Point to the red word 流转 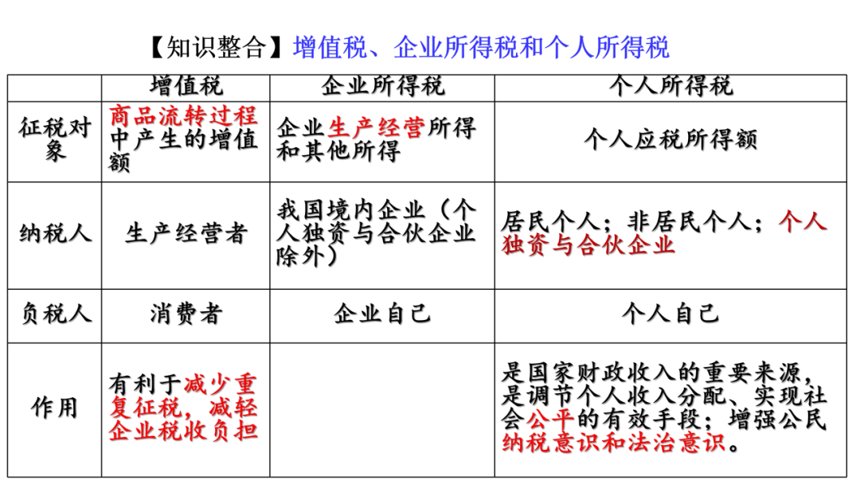pyautogui.click(x=182, y=115)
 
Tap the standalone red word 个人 pyautogui.click(x=802, y=221)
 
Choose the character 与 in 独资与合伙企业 pyautogui.click(x=562, y=244)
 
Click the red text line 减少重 pyautogui.click(x=220, y=383)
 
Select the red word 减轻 pyautogui.click(x=233, y=408)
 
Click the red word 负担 pyautogui.click(x=233, y=431)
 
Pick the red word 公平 pyautogui.click(x=549, y=418)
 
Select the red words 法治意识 pyautogui.click(x=675, y=442)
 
